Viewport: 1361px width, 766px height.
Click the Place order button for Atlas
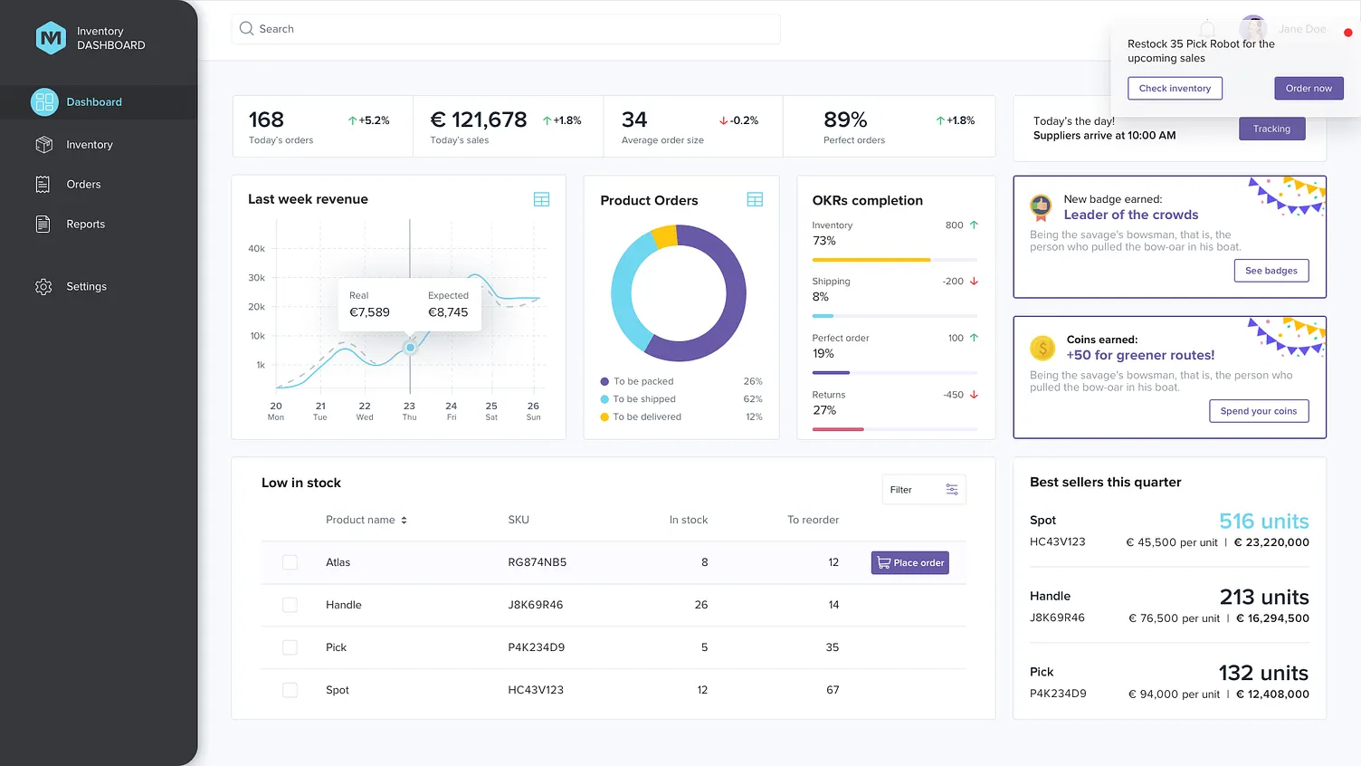[909, 562]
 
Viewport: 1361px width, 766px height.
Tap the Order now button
[1309, 88]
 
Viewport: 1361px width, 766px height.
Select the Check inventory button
[1175, 88]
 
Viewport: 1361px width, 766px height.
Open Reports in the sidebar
[85, 225]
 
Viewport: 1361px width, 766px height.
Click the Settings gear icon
[43, 287]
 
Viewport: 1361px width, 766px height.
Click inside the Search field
[507, 29]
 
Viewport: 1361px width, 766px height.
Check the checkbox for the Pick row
[290, 647]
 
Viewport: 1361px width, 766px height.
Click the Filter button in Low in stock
[924, 490]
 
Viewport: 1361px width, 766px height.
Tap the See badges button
[1271, 271]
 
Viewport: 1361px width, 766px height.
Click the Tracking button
[1271, 129]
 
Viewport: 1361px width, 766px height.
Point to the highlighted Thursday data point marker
[410, 348]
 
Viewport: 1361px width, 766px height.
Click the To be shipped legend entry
[644, 399]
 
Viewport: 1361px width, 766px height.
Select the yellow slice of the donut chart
[665, 236]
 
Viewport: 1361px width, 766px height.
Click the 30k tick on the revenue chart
[257, 278]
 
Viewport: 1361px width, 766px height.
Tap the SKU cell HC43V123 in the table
[536, 690]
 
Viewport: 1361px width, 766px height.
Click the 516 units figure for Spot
[1263, 522]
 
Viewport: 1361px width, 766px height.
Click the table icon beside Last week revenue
[541, 199]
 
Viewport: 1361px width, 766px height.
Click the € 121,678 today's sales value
[479, 120]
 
